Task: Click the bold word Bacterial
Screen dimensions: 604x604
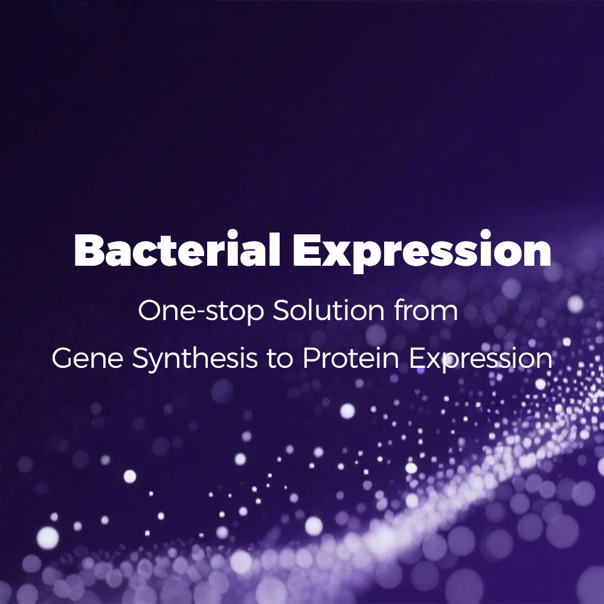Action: (x=177, y=250)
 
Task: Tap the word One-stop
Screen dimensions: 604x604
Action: (x=201, y=311)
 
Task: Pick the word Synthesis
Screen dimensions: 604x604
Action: (x=195, y=359)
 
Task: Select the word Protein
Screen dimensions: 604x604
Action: (x=351, y=358)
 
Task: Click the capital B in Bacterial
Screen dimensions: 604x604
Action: (x=89, y=250)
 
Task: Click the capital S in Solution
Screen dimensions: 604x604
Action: (x=282, y=310)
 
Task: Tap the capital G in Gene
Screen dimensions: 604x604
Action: (x=63, y=358)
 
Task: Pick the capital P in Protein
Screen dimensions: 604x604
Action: (x=313, y=358)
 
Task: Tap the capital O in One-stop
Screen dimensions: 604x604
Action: (x=150, y=310)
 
